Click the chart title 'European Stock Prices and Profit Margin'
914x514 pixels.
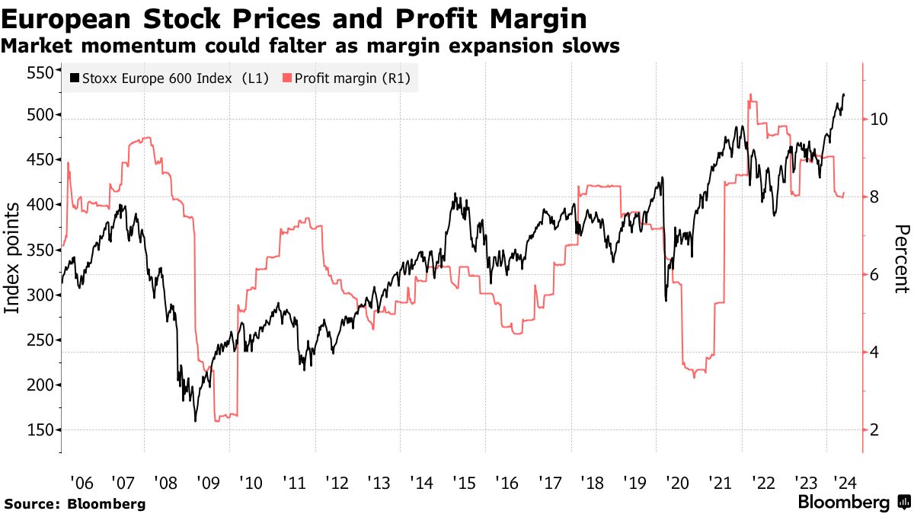(294, 18)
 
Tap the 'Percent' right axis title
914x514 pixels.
(902, 259)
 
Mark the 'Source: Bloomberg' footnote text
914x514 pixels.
(75, 503)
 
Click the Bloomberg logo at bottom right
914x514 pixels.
(853, 503)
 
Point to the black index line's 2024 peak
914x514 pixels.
(843, 94)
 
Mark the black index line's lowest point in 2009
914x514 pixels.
(196, 421)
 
